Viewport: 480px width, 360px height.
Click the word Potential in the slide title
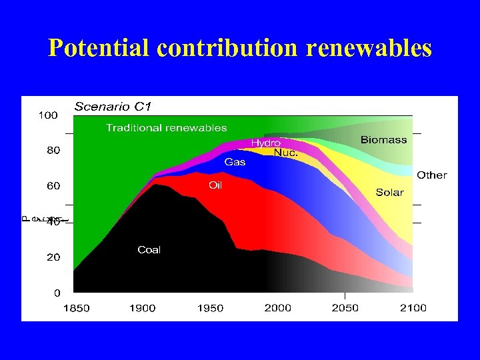[100, 48]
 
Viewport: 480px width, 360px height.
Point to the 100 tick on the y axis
[48, 115]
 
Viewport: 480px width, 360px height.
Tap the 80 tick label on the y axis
[52, 151]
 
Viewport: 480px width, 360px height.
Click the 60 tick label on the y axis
[52, 186]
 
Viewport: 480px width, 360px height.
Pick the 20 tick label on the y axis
[52, 257]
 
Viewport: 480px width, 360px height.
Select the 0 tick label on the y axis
[57, 293]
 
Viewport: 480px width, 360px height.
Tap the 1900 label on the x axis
[142, 308]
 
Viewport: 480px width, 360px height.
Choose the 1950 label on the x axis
[210, 308]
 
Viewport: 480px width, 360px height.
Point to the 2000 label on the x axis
[277, 308]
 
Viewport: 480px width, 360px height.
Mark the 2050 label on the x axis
[345, 308]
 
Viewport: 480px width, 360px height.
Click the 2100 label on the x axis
[413, 308]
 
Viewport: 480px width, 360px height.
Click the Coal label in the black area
[149, 250]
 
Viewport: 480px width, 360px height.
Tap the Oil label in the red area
[215, 185]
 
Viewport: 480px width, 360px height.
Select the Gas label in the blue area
[234, 162]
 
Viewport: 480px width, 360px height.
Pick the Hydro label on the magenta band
[265, 143]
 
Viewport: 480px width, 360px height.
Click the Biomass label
[383, 140]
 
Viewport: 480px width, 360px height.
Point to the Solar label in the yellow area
[389, 192]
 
